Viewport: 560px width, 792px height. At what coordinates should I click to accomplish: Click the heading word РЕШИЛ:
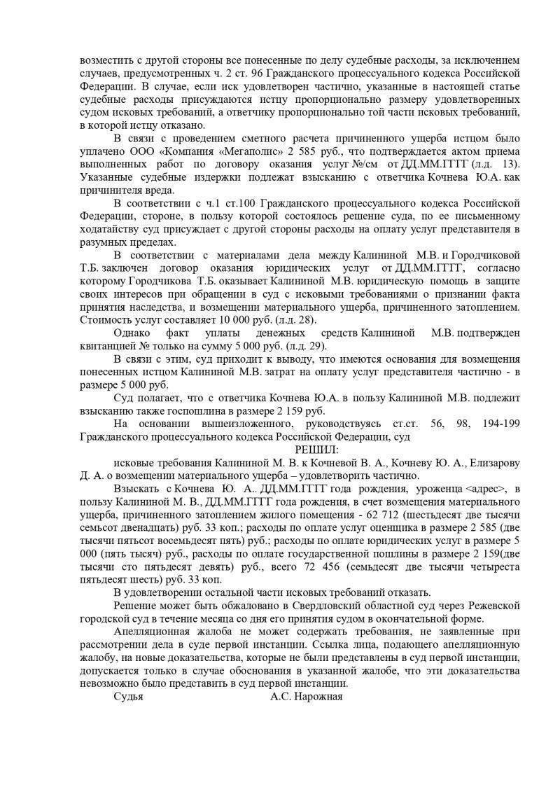(x=316, y=449)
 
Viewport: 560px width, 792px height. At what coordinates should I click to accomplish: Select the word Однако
(x=131, y=333)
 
